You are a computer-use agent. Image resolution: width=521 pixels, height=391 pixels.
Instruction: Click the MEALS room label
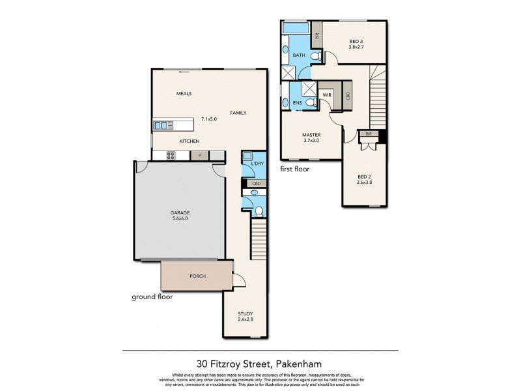click(x=184, y=94)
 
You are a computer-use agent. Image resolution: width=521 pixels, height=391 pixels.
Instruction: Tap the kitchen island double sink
click(x=162, y=124)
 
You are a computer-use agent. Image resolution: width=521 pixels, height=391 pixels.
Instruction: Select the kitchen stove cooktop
click(x=171, y=155)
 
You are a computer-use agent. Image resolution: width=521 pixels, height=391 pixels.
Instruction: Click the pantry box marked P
click(x=200, y=156)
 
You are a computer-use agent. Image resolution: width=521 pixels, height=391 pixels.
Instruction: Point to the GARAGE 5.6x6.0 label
click(x=180, y=215)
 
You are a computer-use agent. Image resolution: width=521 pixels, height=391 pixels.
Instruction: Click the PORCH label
click(x=197, y=276)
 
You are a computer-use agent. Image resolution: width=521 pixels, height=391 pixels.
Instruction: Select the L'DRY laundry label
click(x=257, y=163)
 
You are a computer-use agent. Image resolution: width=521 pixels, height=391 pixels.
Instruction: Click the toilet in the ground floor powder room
click(x=258, y=210)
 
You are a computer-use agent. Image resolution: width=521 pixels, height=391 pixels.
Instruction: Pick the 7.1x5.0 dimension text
click(x=208, y=119)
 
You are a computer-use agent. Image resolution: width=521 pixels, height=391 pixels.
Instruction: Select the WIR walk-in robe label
click(x=328, y=95)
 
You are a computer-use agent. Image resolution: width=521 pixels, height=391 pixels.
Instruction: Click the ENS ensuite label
click(x=297, y=103)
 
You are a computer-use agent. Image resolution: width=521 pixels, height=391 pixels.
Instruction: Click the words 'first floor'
click(x=294, y=169)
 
